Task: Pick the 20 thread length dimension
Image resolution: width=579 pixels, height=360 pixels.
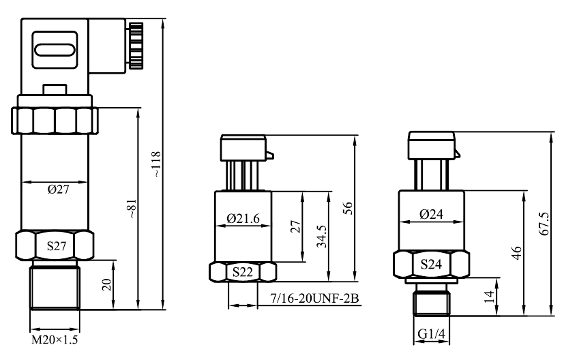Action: pos(106,284)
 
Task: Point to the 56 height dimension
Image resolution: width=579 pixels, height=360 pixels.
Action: pos(348,209)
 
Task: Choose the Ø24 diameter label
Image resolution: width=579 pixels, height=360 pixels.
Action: pos(431,214)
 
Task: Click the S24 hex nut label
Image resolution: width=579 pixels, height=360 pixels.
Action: pos(430,263)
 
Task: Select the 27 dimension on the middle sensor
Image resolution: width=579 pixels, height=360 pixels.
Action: pos(295,226)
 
